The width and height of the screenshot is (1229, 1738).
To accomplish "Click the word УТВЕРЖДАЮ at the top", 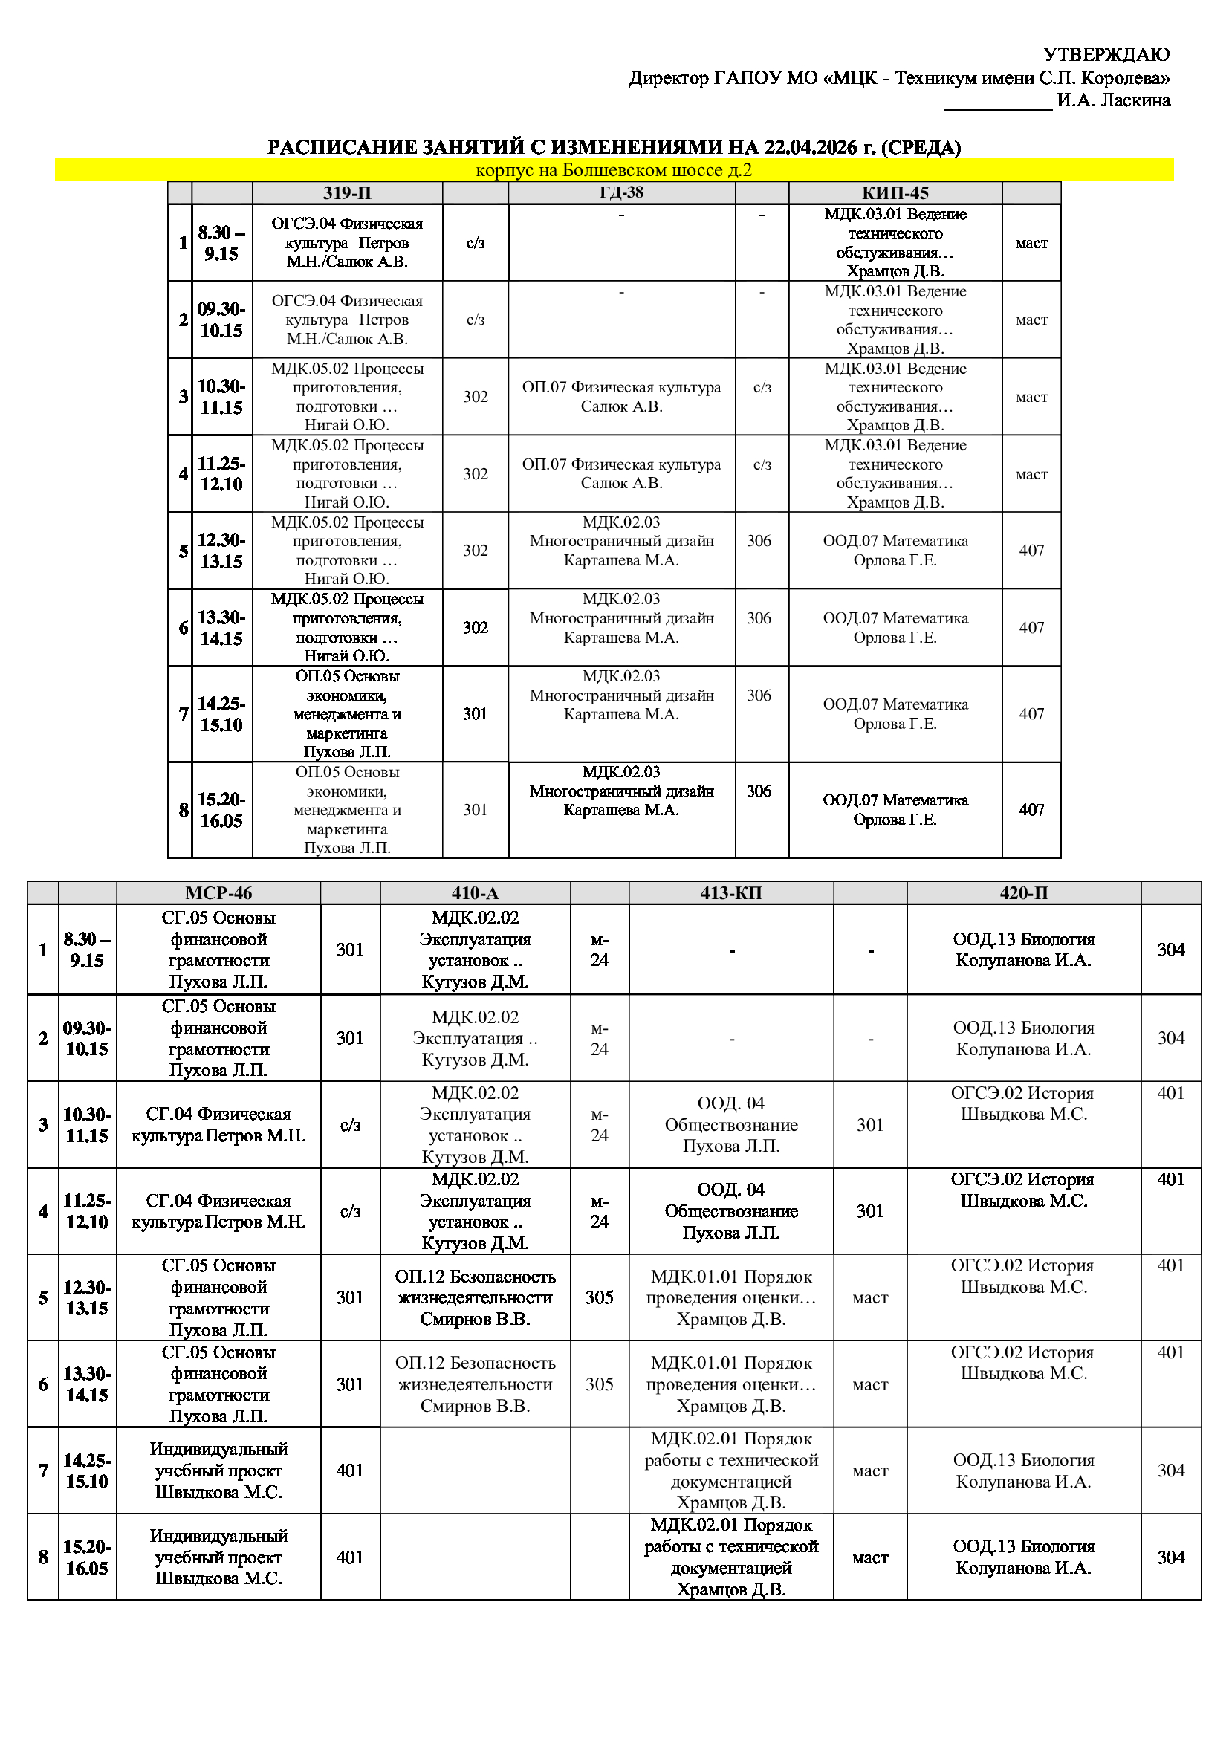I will (x=1106, y=54).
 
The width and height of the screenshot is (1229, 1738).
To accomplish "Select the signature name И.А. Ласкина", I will (x=1113, y=100).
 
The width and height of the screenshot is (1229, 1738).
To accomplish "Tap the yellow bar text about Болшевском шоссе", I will (x=614, y=169).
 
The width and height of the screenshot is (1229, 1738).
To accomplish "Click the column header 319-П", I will (x=346, y=193).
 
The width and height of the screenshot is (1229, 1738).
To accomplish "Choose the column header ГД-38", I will (x=621, y=192).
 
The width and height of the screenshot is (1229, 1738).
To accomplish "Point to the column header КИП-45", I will (x=895, y=193).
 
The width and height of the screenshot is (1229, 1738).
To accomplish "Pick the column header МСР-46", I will (x=218, y=893).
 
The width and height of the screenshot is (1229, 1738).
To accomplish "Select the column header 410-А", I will (x=475, y=893).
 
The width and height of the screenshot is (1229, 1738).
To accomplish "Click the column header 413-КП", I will (x=731, y=893).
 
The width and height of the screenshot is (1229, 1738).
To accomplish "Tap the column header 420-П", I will (x=1023, y=893).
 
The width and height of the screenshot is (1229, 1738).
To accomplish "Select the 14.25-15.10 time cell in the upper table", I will (x=221, y=714).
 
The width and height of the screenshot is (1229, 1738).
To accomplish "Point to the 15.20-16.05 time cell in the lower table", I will (x=87, y=1557).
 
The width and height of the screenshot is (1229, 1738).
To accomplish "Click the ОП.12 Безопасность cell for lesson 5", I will (x=476, y=1297).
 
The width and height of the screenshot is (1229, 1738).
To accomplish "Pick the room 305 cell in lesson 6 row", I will (x=600, y=1384).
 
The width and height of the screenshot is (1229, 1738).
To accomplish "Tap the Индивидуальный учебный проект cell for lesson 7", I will (x=218, y=1470).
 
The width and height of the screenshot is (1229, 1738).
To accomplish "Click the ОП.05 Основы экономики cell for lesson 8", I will (x=346, y=809).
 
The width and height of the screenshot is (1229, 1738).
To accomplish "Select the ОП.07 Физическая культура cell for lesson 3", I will (x=621, y=397).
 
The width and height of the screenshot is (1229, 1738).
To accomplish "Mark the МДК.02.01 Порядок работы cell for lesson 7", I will (x=731, y=1470).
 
